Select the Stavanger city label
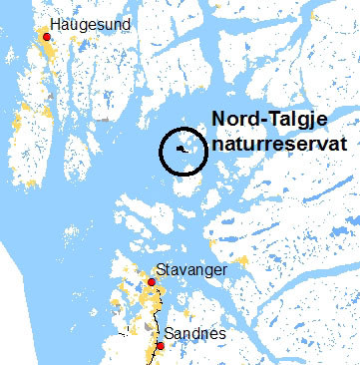(190, 269)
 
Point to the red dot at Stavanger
(151, 282)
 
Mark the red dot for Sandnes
(160, 346)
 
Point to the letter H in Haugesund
(54, 22)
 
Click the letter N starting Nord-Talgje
(219, 121)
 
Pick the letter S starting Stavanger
(160, 269)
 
